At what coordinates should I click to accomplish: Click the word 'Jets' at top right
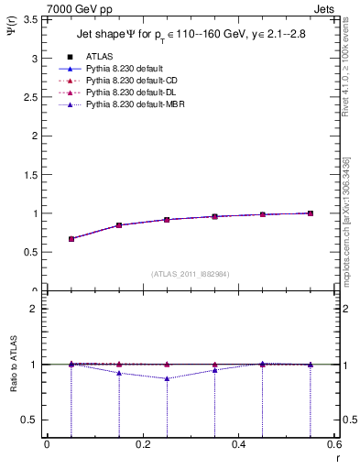327,9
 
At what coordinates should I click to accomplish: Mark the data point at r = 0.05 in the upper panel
71,239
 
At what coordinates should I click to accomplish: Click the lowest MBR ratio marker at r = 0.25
167,378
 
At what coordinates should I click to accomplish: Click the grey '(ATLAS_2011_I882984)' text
190,275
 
